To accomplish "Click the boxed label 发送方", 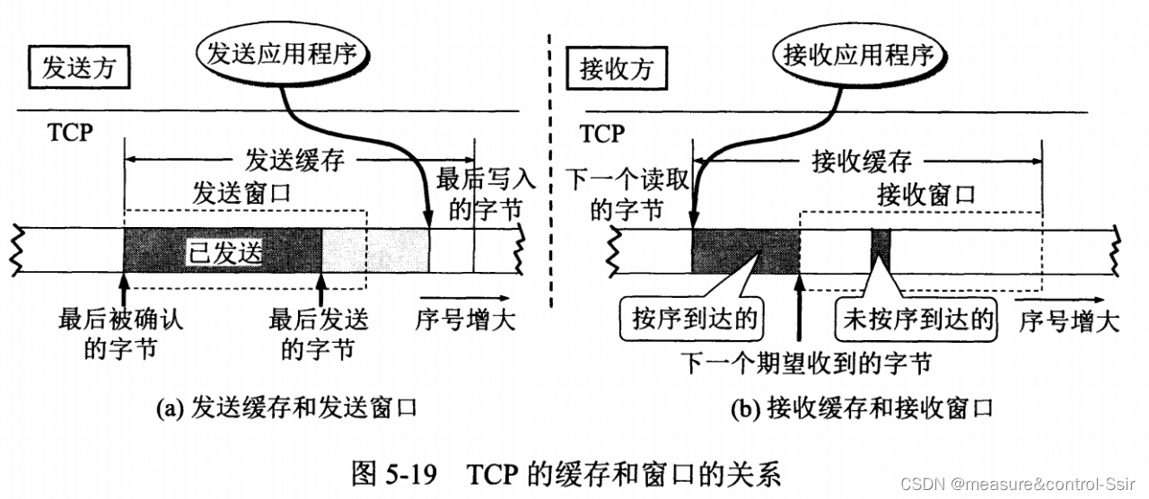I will [x=78, y=69].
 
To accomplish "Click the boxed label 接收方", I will [x=616, y=69].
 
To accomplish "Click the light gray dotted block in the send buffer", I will [x=374, y=250].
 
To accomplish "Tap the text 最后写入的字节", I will [x=486, y=192].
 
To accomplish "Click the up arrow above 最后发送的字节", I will [x=321, y=291].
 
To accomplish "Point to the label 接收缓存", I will [x=861, y=162].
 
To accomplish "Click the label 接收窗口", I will [x=925, y=194].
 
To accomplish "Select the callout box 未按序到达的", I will [x=917, y=320].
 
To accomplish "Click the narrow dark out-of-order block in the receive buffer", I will [x=880, y=250].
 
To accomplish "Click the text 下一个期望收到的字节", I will [x=804, y=363].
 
